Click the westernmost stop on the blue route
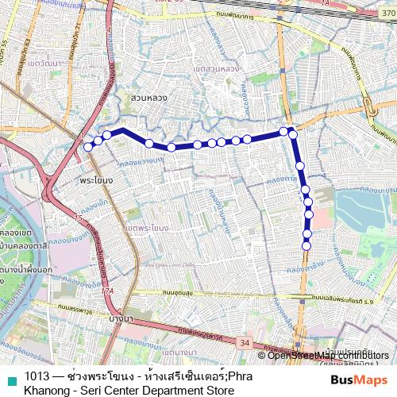click(88, 147)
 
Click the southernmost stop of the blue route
click(306, 245)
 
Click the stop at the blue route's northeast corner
click(291, 133)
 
